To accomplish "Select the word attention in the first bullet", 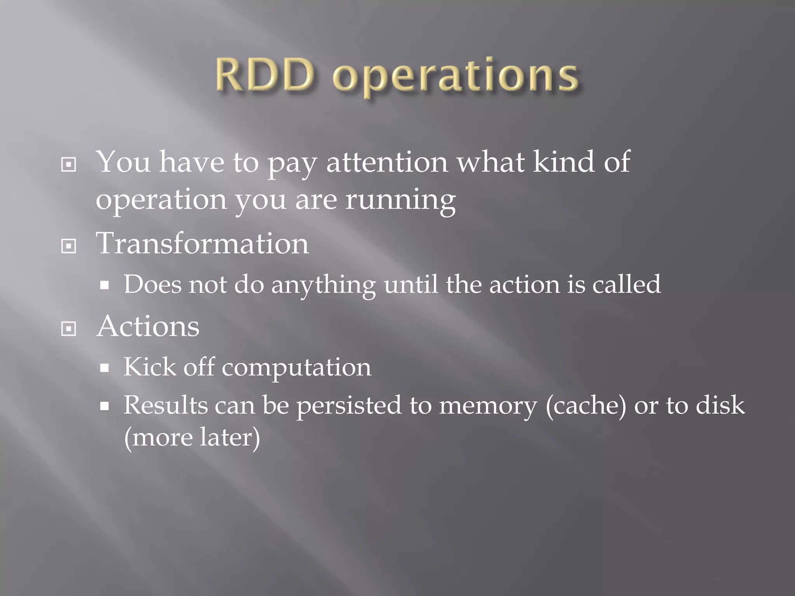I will click(387, 162).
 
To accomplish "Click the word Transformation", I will click(202, 243).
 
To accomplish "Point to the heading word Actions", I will click(148, 326).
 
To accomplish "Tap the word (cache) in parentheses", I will click(586, 405).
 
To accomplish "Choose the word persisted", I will click(349, 405).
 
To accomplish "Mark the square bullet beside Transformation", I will click(69, 246).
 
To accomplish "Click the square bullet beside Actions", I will click(69, 329).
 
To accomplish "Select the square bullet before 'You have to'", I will click(69, 165).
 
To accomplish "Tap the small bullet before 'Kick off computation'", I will click(104, 368).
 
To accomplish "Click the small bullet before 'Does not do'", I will click(104, 286).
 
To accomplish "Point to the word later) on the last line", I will click(230, 437).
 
